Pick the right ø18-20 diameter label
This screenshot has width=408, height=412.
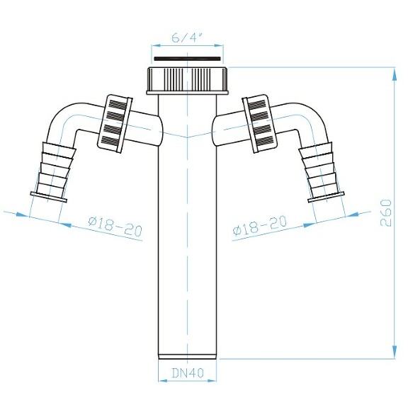pos(260,226)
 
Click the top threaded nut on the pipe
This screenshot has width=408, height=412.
pos(188,80)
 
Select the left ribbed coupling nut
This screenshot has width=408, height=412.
pos(115,122)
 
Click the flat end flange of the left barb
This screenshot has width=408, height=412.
pos(48,197)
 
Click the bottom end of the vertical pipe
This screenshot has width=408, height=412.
pos(188,353)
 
